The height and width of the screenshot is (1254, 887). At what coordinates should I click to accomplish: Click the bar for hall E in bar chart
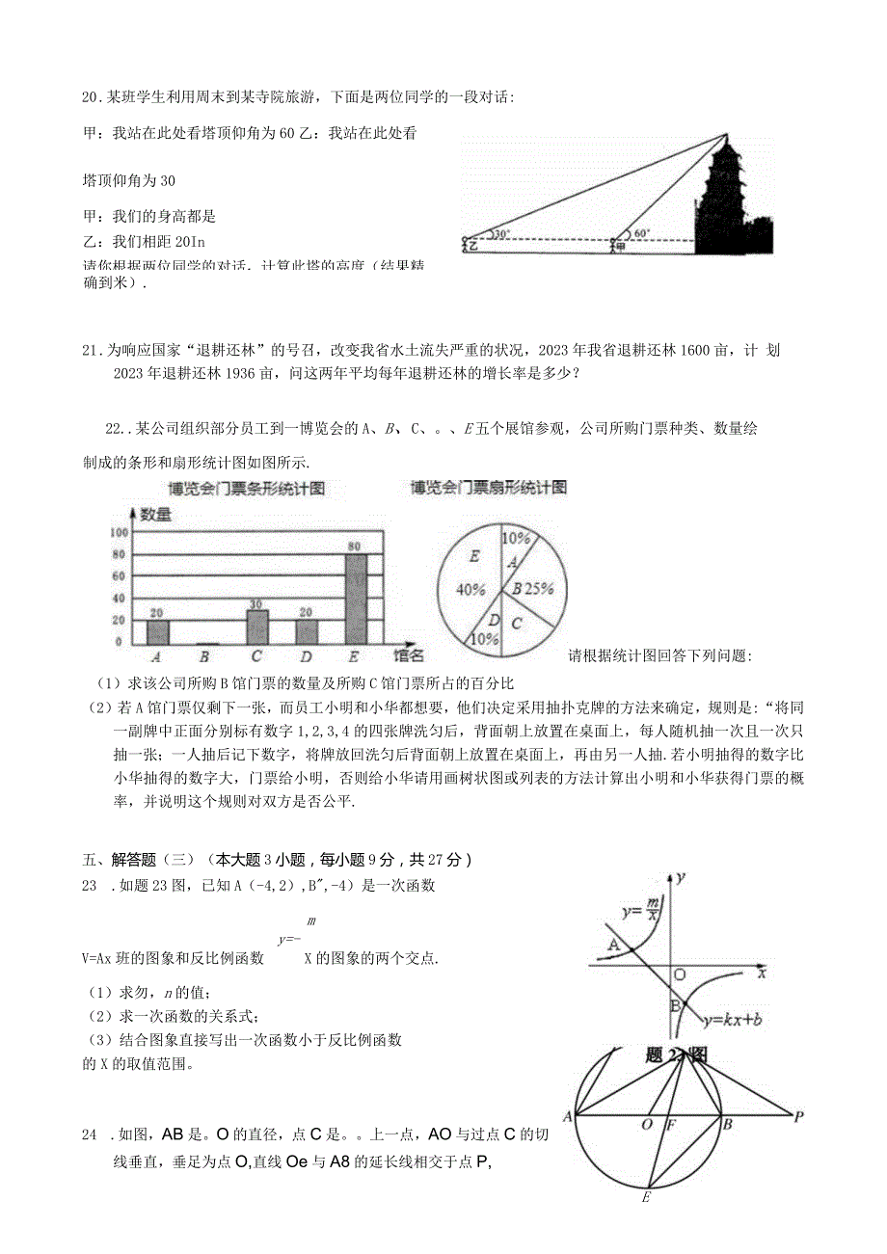[357, 599]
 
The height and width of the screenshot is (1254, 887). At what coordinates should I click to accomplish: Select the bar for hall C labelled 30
[256, 627]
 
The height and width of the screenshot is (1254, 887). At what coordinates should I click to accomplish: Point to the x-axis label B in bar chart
[204, 658]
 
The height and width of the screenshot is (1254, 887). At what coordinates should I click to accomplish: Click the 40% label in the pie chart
[470, 590]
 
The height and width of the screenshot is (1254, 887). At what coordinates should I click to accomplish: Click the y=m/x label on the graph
[641, 908]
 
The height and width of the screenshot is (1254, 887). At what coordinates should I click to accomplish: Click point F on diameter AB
[672, 1124]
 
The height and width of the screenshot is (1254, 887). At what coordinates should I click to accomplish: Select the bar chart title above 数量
[246, 489]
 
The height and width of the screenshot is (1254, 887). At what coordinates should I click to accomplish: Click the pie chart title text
[488, 487]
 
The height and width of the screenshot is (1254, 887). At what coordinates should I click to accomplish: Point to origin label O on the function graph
[680, 974]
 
